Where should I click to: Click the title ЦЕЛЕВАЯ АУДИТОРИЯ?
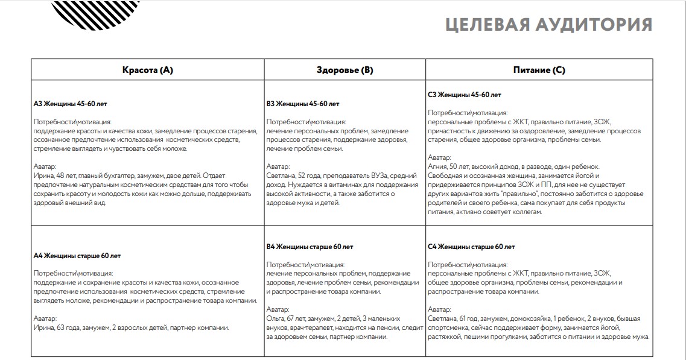click(548, 25)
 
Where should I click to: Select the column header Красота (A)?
click(148, 70)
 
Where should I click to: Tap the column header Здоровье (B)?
click(345, 70)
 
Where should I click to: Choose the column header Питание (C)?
click(539, 70)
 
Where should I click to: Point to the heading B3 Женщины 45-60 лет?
click(303, 104)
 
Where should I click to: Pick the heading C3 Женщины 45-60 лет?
click(465, 95)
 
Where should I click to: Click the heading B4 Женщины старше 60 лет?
click(310, 247)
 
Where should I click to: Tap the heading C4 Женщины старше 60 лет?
click(472, 247)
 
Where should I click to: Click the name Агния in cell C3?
click(439, 166)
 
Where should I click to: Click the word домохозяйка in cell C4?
click(527, 318)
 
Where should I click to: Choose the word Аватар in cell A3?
click(45, 166)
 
